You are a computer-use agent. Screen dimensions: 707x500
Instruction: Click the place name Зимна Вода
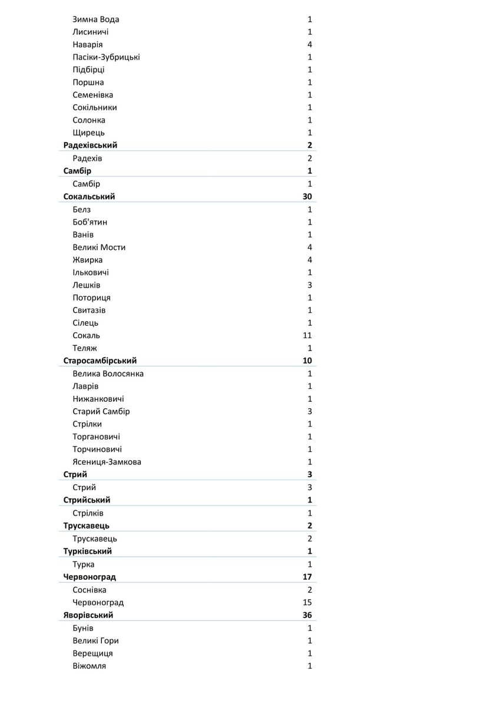95,19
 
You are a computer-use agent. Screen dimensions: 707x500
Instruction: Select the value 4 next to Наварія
310,45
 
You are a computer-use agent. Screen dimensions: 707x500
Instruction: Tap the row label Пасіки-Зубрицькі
106,57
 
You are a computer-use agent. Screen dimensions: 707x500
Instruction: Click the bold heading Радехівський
90,146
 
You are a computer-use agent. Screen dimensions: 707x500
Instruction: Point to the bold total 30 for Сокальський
307,197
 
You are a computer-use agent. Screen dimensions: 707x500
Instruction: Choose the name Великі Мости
99,247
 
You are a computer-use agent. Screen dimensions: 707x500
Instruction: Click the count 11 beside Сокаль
307,336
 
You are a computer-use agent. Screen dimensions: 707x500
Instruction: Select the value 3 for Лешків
310,285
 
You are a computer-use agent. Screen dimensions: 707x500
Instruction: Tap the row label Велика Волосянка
108,374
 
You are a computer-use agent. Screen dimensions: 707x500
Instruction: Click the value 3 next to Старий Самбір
310,412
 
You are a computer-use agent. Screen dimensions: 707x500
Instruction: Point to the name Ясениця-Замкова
107,462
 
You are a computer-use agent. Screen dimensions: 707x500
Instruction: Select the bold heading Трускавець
86,526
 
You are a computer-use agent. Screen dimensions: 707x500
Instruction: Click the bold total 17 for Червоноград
307,577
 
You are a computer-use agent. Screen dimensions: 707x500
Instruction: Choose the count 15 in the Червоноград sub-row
307,603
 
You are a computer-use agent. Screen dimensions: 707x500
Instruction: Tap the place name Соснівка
90,590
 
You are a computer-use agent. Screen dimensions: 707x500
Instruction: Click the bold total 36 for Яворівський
307,616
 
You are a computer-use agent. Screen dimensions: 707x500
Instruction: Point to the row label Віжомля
90,666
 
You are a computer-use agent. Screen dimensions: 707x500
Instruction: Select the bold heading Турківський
88,551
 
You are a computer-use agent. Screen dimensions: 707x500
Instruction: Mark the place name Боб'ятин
90,222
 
